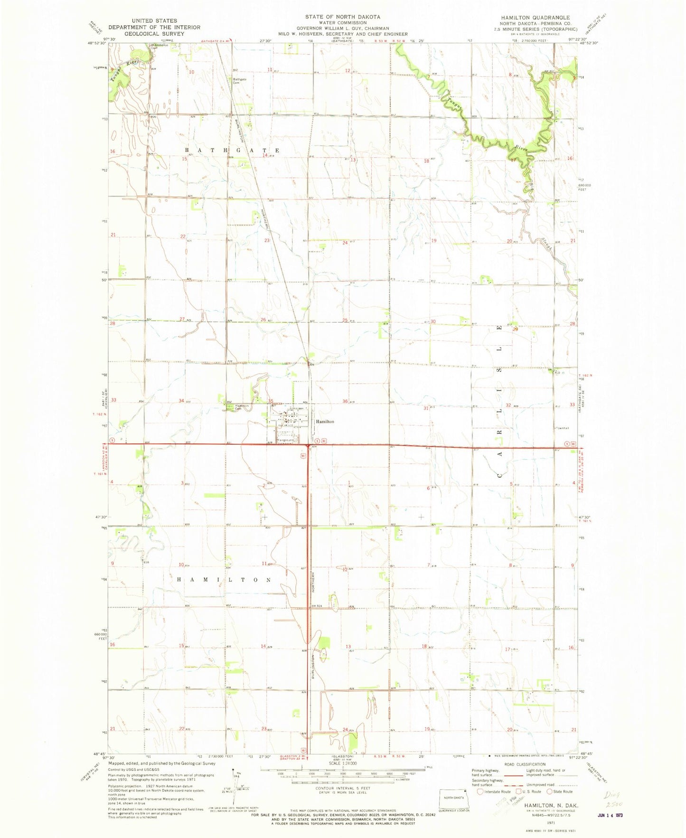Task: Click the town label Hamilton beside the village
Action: (x=325, y=421)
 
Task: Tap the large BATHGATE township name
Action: (x=232, y=150)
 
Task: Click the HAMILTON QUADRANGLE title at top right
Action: (x=535, y=17)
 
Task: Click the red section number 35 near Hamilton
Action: (x=271, y=401)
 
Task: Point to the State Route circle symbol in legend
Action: (x=550, y=791)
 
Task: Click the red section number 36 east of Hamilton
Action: (x=345, y=401)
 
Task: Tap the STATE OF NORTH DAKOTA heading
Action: (x=342, y=17)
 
